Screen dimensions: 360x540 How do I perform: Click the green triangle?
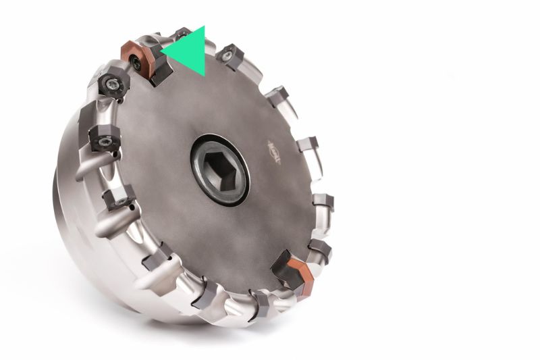tap(190, 51)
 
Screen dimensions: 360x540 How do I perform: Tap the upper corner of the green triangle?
tap(203, 27)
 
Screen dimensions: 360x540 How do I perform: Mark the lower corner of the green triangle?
tap(204, 76)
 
